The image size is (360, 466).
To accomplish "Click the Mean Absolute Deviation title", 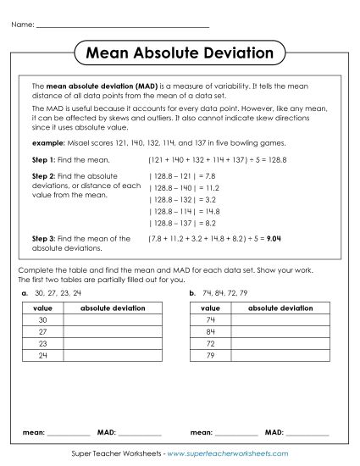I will (180, 53).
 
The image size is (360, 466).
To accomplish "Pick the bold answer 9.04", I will (274, 239).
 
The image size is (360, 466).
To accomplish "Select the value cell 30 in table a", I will (41, 320).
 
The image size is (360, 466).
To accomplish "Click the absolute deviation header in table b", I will (279, 308).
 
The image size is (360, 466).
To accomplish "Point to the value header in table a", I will (41, 308).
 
